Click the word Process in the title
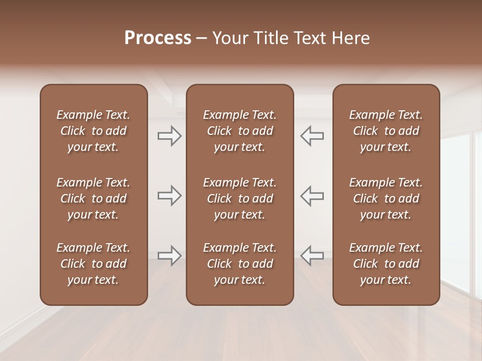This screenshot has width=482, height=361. [158, 38]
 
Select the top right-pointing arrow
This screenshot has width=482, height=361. [169, 136]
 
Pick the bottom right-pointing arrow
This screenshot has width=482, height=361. [169, 256]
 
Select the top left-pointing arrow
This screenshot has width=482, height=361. [312, 136]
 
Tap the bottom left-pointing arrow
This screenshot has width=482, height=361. [312, 256]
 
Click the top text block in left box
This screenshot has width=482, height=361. [93, 131]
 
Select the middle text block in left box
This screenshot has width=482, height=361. [93, 199]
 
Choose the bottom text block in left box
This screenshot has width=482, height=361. [93, 264]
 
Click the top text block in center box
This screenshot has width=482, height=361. [239, 131]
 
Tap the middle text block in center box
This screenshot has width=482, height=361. [239, 199]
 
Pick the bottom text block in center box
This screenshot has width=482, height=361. [239, 264]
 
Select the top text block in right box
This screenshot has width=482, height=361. [386, 131]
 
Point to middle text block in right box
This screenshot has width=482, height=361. [386, 199]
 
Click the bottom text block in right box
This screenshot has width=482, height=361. [386, 264]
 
